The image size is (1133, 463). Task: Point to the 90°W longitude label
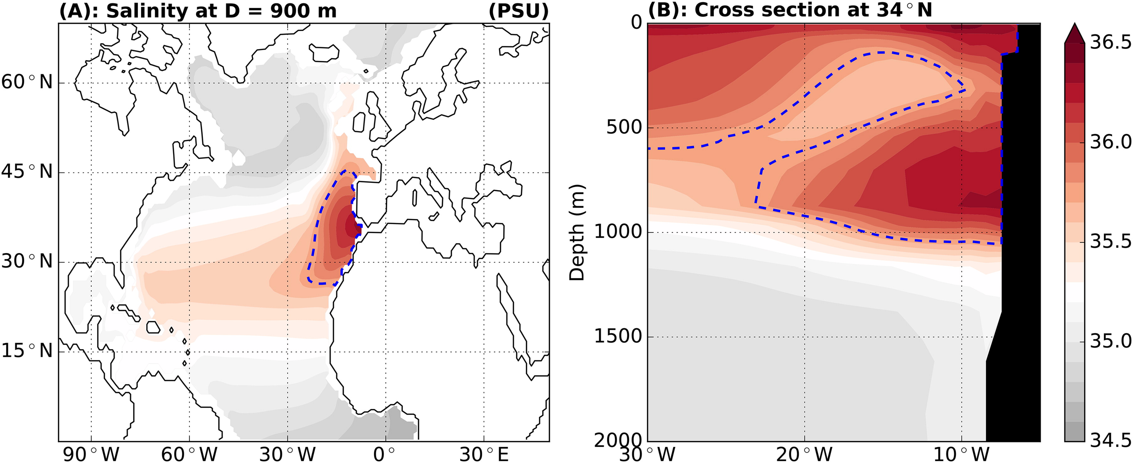91,454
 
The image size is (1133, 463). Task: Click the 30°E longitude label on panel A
484,454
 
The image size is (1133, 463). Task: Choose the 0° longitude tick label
386,454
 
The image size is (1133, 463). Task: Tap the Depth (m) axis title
577,232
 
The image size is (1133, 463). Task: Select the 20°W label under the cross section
804,454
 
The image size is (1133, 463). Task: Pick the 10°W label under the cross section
961,454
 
